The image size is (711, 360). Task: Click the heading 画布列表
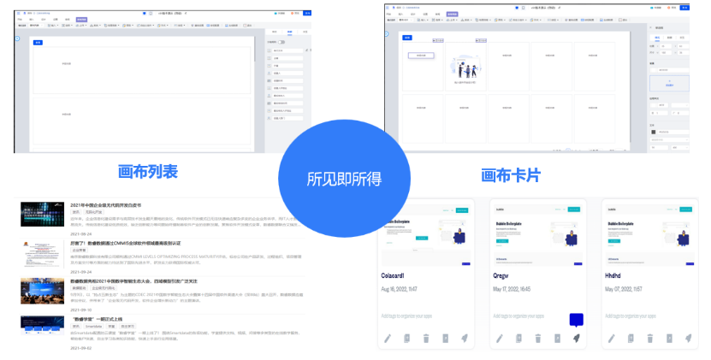[x=147, y=171]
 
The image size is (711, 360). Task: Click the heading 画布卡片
[x=511, y=174]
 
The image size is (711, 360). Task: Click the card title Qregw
[x=504, y=275]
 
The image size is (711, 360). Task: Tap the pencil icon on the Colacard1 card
[x=388, y=339]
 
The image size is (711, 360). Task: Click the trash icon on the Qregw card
[x=536, y=339]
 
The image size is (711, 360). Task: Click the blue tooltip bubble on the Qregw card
[x=576, y=321]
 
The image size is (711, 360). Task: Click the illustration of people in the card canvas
[x=464, y=69]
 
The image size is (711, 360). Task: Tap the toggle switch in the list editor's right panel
[x=281, y=41]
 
